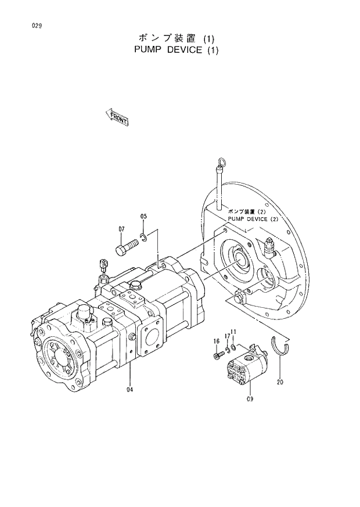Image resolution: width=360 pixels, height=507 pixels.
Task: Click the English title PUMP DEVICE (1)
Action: [176, 50]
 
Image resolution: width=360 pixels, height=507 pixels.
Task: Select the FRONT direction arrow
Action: [117, 118]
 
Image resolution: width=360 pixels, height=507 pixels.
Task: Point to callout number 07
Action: [122, 229]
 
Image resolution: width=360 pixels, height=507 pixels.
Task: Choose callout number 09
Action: [250, 400]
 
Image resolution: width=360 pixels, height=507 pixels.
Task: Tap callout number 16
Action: [216, 341]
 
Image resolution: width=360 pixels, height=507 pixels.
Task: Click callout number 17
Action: [227, 336]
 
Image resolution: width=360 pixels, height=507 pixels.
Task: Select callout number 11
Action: [233, 332]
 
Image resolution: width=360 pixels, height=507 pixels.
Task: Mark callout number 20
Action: [280, 382]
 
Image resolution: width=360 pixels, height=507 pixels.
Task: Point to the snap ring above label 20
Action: [279, 349]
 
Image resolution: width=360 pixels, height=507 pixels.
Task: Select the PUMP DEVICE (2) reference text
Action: [254, 215]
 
